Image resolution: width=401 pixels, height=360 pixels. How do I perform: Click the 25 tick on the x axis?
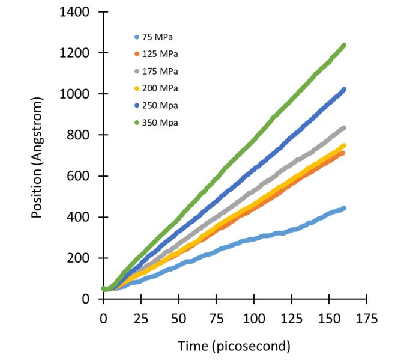coord(141,317)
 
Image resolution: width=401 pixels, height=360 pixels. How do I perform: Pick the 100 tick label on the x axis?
coord(254,317)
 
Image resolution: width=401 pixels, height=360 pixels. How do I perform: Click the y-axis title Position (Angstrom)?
coord(37,156)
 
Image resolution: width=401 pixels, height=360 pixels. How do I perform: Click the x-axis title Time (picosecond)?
coord(234,346)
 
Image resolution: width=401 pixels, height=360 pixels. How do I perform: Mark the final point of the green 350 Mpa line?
coord(344,45)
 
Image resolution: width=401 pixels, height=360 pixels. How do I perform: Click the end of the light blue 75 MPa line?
coord(344,208)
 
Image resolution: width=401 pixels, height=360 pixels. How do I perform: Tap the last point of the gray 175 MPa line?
coord(344,128)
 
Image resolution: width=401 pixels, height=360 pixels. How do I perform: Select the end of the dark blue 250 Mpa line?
coord(344,90)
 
